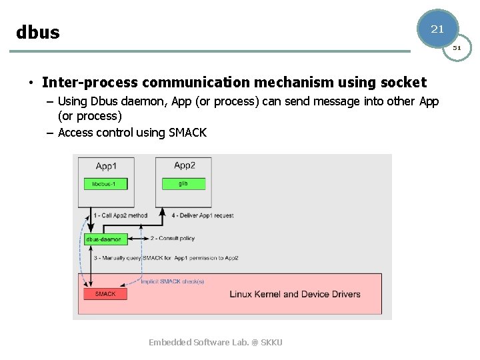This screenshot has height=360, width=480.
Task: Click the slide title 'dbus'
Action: [38, 33]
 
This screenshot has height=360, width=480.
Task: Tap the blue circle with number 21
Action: [437, 29]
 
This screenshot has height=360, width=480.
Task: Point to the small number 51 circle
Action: [457, 47]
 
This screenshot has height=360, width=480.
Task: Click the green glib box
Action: [183, 183]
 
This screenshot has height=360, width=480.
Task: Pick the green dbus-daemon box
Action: [105, 239]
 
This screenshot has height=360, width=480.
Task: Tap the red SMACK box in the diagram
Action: [105, 293]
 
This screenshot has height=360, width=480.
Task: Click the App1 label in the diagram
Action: [106, 166]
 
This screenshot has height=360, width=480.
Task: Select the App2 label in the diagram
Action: [184, 166]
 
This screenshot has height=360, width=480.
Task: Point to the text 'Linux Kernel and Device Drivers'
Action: [295, 294]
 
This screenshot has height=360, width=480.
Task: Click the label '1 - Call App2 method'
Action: [121, 215]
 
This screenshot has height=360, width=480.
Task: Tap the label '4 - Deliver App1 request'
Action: [203, 215]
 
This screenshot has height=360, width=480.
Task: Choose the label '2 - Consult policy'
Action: [172, 238]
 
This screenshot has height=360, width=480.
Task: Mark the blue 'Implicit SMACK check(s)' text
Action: [172, 281]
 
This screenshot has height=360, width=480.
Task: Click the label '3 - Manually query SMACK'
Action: [165, 257]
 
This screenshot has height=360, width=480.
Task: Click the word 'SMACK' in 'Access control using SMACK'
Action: [187, 133]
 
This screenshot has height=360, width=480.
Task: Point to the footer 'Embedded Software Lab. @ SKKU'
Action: [215, 342]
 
